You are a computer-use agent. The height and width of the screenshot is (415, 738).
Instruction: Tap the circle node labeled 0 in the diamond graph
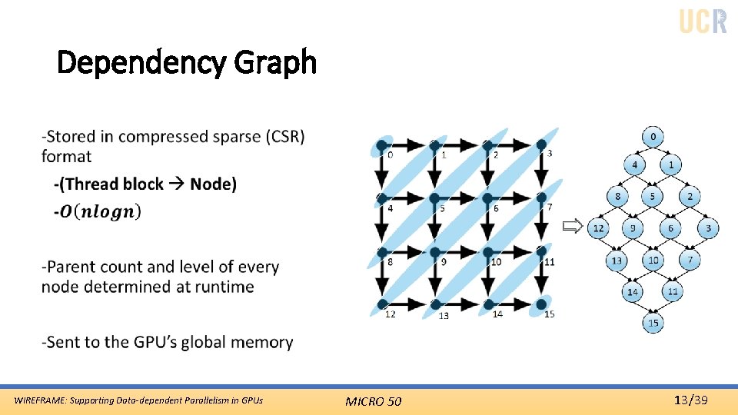pos(653,138)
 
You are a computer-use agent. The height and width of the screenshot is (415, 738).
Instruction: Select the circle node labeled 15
pos(653,323)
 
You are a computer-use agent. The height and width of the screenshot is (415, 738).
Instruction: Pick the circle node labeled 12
pos(598,228)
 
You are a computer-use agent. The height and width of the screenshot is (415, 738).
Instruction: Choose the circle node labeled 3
pos(708,228)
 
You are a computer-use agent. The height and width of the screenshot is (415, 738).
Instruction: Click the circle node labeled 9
pos(633,228)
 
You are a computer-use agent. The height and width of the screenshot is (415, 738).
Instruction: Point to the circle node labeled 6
pos(670,228)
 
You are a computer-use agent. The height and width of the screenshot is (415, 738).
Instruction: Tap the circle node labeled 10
pos(653,261)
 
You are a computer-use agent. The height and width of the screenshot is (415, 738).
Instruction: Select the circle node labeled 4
pos(634,165)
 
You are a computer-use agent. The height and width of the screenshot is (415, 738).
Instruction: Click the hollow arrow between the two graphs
pos(571,226)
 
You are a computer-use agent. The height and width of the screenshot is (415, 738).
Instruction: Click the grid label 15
pos(549,314)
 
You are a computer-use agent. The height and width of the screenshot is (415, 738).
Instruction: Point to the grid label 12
pos(391,314)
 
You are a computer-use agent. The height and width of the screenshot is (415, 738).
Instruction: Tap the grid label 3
pos(548,154)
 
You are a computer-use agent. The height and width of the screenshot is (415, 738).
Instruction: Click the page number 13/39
pos(690,400)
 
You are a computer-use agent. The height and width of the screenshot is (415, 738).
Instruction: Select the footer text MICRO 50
pos(373,400)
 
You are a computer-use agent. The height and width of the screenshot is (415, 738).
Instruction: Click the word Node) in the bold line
pos(214,184)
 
